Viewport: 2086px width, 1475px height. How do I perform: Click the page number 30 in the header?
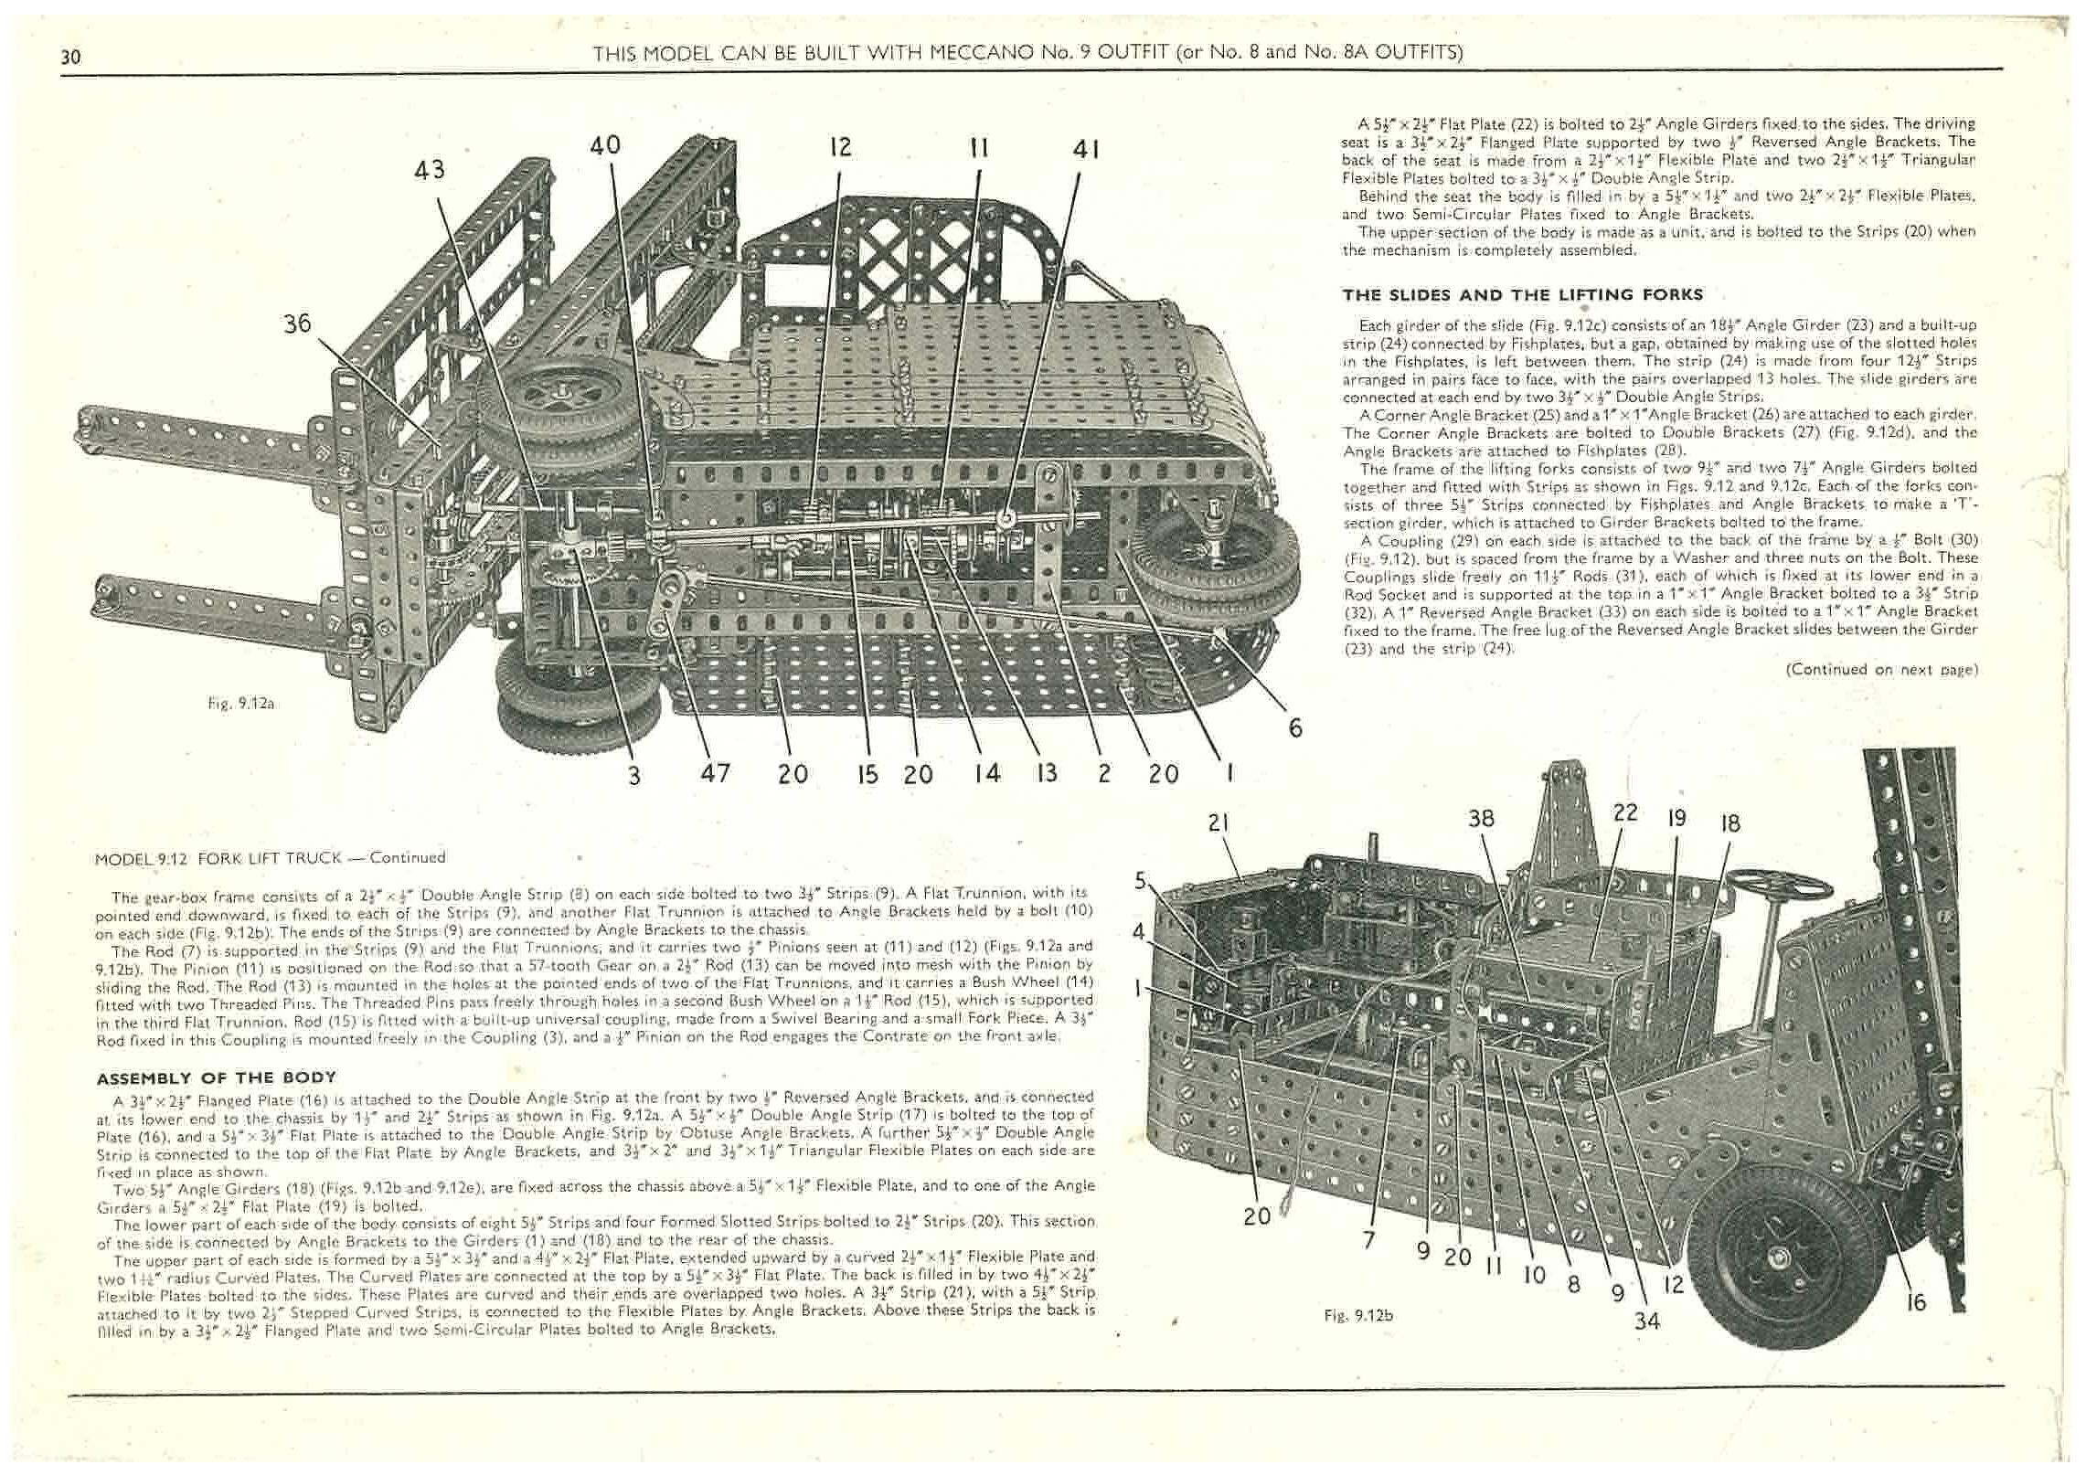coord(71,57)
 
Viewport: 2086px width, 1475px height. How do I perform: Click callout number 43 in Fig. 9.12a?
coord(431,171)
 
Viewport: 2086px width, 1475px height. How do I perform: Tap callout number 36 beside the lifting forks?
coord(297,324)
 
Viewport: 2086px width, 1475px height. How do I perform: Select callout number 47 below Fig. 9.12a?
coord(715,773)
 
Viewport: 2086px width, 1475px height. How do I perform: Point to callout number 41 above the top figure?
coord(1085,150)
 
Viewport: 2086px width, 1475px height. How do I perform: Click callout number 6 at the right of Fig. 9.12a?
coord(1294,727)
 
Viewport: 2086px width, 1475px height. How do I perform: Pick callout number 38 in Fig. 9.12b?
coord(1481,819)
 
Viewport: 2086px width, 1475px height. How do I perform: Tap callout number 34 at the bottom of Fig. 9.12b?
coord(1646,1320)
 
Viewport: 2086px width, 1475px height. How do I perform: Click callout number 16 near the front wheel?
coord(1915,1301)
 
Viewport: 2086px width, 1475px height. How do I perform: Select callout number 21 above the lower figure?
coord(1219,823)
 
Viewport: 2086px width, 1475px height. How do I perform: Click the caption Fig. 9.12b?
coord(1358,1316)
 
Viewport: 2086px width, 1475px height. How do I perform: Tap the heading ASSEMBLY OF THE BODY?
coord(217,1077)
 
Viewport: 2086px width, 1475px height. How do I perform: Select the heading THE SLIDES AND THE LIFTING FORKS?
coord(1522,294)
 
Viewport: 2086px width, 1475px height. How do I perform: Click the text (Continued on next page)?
coord(1882,670)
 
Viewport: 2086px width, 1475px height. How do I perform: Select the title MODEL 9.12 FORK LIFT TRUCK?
coord(270,858)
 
